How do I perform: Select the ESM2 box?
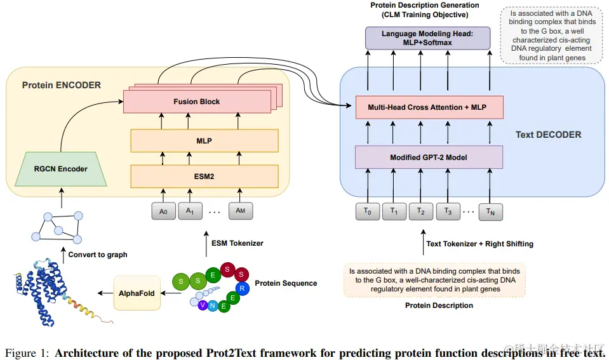click(x=204, y=176)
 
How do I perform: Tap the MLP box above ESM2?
click(x=204, y=140)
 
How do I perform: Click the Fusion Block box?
click(x=196, y=102)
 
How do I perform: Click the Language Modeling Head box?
click(x=428, y=39)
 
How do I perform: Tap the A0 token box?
click(x=163, y=211)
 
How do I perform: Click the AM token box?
click(x=240, y=211)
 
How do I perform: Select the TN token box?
click(x=490, y=211)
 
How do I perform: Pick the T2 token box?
click(x=420, y=211)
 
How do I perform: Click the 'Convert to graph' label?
click(x=98, y=255)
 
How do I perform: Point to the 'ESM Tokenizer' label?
click(x=237, y=243)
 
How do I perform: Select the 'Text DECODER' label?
click(x=548, y=135)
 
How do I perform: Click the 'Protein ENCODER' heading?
click(x=61, y=85)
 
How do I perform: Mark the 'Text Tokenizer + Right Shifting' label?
click(x=479, y=244)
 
